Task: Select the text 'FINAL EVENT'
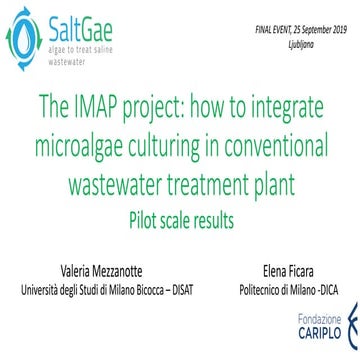click(x=254, y=20)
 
